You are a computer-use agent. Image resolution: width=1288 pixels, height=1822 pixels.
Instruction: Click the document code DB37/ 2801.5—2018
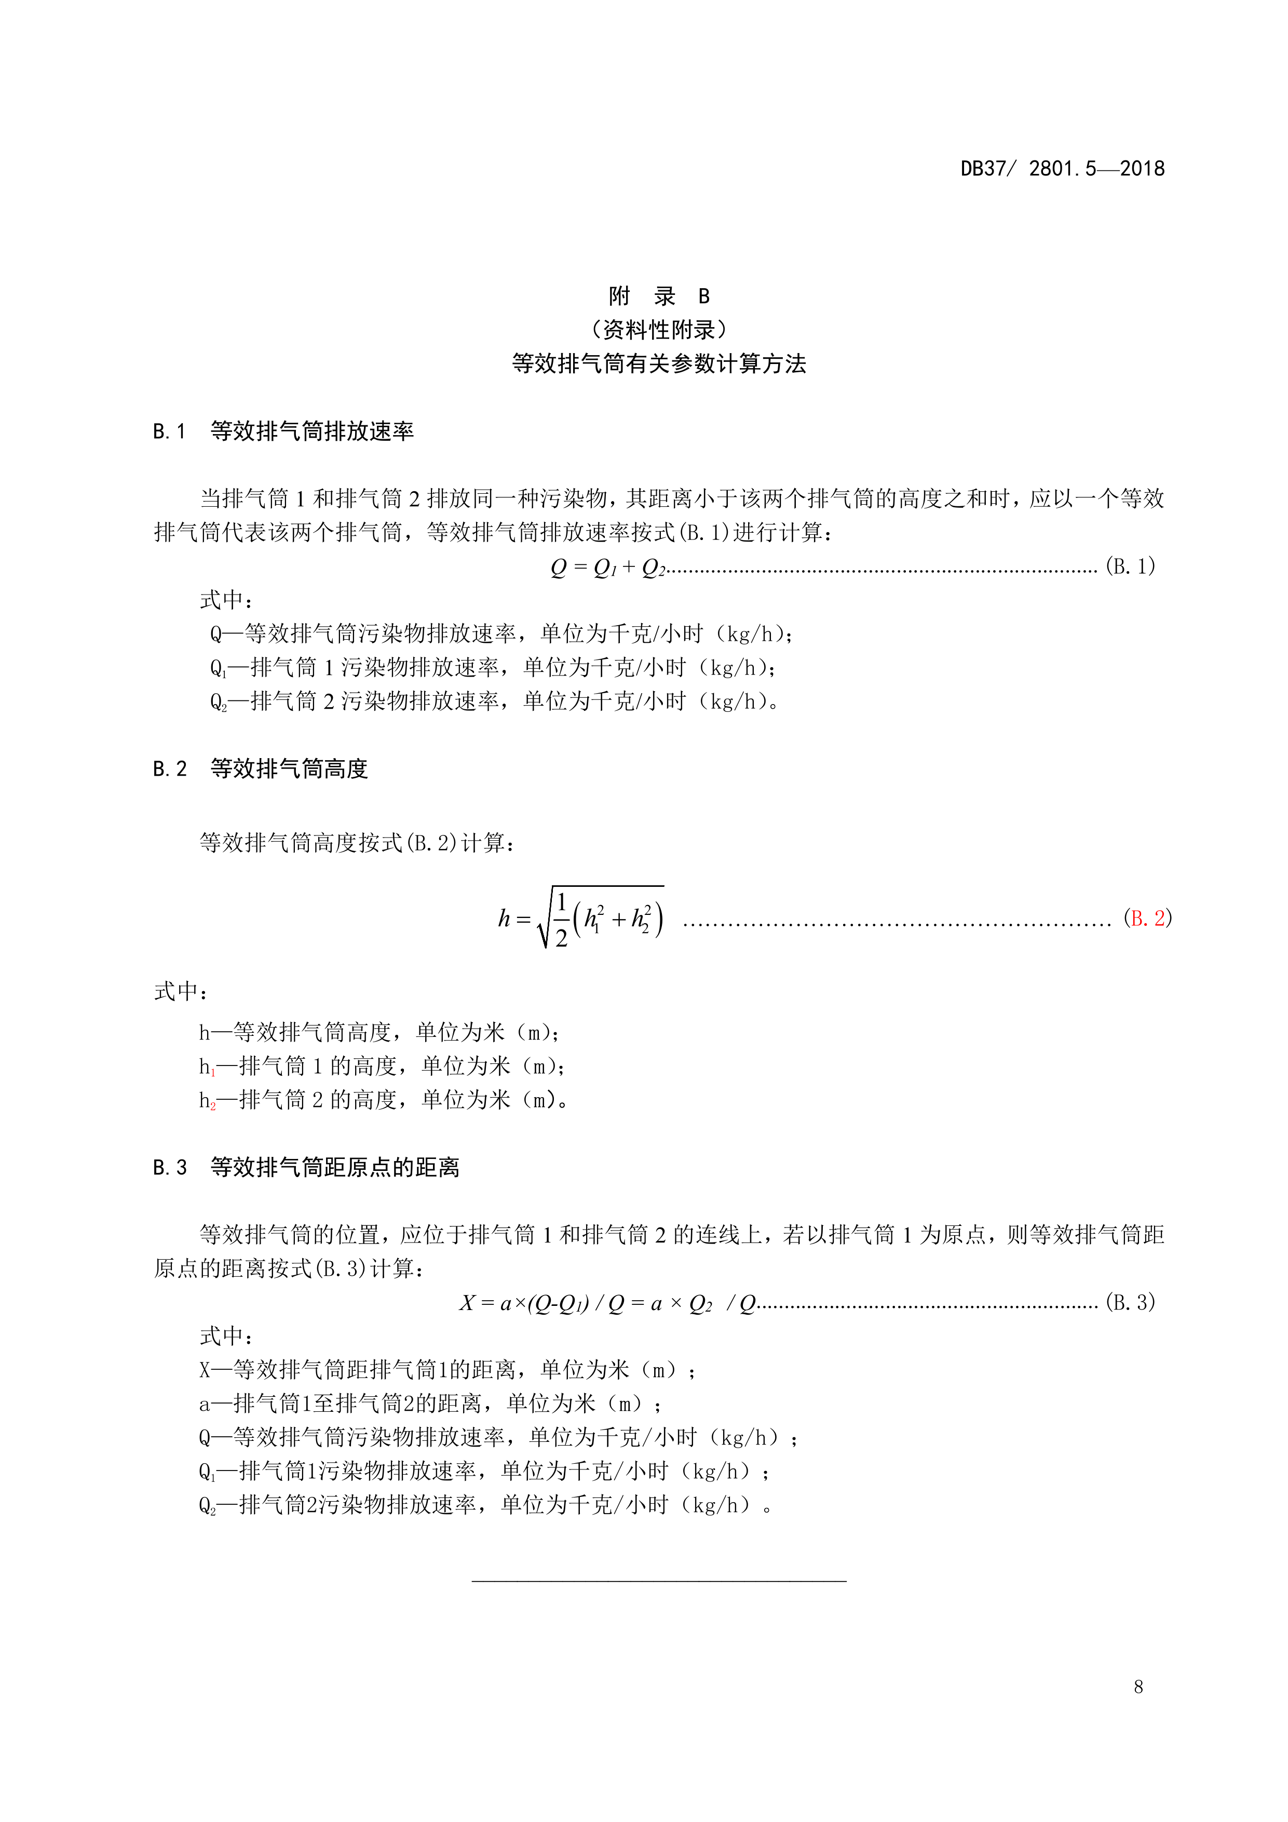pos(1062,169)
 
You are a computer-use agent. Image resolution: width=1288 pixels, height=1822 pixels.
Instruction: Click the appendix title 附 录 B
pos(659,297)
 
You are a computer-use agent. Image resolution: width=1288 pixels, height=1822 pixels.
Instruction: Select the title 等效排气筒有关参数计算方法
pos(659,364)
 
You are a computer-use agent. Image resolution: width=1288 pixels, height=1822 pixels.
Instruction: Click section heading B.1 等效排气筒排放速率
pos(283,431)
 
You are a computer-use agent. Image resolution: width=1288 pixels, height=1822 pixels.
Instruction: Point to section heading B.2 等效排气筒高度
pos(260,769)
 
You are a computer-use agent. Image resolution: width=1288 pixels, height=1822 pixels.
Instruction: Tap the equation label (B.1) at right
pos(1130,566)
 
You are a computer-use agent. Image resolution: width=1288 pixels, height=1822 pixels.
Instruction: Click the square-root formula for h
pos(582,918)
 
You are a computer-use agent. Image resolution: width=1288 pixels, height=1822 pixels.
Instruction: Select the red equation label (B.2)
pos(1147,918)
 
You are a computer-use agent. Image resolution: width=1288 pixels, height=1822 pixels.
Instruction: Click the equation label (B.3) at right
pos(1130,1303)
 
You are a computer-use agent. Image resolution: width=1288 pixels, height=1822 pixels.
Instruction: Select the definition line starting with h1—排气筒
pos(381,1067)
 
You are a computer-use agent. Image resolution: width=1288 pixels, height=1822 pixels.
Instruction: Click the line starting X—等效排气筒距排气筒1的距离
pos(447,1370)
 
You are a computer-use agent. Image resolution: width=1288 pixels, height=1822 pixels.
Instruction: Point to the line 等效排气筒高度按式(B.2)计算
pos(357,843)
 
